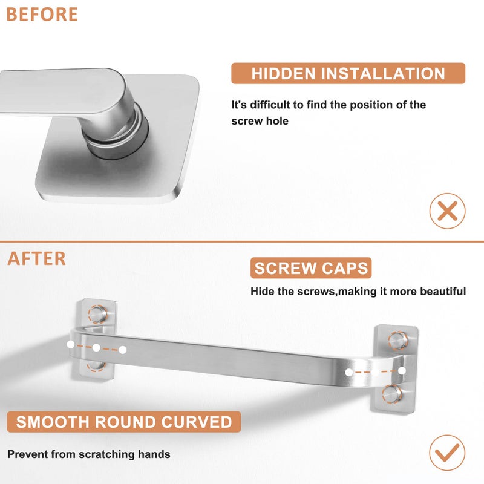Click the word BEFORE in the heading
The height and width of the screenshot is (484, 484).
[42, 14]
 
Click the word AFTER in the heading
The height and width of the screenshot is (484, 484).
[36, 258]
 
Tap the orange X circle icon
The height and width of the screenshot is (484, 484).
[447, 211]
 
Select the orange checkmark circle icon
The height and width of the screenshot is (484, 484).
[447, 453]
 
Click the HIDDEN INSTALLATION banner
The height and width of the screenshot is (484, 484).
[348, 73]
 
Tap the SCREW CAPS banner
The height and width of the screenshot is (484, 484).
[311, 268]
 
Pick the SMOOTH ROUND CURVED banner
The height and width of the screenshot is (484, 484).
[124, 422]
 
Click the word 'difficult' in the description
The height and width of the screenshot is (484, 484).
[270, 105]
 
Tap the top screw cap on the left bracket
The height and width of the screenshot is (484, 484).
[98, 314]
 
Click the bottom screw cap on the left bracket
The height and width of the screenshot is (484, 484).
[96, 366]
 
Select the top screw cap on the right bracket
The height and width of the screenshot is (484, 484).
[398, 341]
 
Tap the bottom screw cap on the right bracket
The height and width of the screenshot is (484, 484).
[392, 394]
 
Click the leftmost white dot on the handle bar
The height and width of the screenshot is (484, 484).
[71, 344]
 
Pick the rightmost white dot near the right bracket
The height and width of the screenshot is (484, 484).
[402, 371]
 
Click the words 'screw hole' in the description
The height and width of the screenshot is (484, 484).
[260, 121]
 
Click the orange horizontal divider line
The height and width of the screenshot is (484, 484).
[242, 241]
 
